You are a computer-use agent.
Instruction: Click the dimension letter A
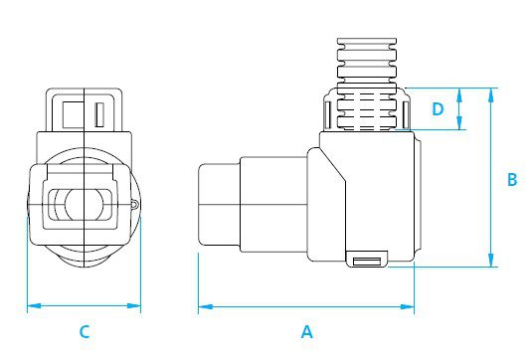tap(307, 331)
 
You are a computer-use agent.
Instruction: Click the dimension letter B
tap(512, 179)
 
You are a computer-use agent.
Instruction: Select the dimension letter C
tap(85, 331)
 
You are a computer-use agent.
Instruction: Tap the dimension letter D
tap(438, 109)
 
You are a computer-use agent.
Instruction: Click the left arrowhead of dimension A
tap(205, 306)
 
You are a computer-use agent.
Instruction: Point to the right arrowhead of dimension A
tap(407, 306)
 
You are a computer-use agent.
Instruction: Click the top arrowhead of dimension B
tap(490, 95)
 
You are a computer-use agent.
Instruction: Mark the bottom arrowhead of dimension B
tap(490, 260)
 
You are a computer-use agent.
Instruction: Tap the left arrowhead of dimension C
tap(34, 305)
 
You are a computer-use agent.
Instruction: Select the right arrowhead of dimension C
tap(133, 305)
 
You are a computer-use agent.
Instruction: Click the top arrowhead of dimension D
tap(459, 94)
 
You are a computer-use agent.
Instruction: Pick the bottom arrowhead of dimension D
tap(459, 123)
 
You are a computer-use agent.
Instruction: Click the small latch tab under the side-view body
tap(366, 260)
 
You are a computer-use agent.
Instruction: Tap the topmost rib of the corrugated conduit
tap(367, 42)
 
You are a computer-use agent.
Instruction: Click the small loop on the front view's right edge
tap(135, 205)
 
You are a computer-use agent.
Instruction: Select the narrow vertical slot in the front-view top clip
tap(99, 114)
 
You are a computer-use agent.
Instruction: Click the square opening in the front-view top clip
tap(74, 114)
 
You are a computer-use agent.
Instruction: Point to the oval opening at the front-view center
tap(84, 205)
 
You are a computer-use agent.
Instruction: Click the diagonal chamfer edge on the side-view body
tap(332, 164)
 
